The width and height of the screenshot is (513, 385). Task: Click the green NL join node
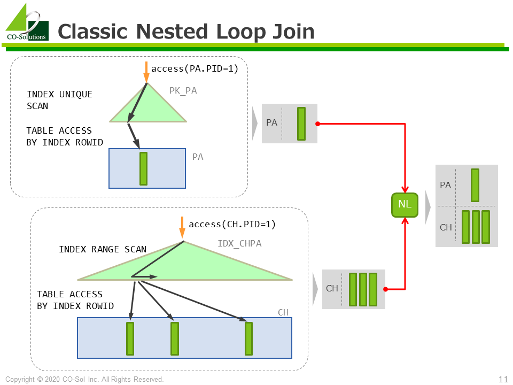(405, 205)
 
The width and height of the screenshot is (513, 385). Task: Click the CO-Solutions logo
(27, 23)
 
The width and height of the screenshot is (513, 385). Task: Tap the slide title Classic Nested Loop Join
(185, 32)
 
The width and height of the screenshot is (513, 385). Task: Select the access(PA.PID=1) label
(195, 68)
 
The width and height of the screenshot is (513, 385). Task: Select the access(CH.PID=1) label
(232, 224)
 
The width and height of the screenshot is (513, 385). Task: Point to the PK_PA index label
(183, 91)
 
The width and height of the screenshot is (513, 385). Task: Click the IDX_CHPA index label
(239, 244)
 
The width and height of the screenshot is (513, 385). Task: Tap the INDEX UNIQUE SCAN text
(59, 100)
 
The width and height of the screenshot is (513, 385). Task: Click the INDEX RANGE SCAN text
(103, 249)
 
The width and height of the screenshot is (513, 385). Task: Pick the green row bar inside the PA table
(143, 168)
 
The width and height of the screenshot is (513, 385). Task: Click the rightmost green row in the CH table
(248, 338)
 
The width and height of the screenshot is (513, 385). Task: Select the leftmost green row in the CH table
(130, 338)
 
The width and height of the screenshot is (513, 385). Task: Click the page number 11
(503, 379)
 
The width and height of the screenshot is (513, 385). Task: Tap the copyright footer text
(84, 380)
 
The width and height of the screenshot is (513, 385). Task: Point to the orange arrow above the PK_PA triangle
(146, 72)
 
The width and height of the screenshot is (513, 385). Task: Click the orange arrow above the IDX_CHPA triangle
(182, 227)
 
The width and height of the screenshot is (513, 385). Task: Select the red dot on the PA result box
(317, 124)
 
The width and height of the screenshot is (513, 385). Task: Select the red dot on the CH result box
(385, 289)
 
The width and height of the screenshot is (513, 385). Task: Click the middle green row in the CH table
(174, 338)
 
